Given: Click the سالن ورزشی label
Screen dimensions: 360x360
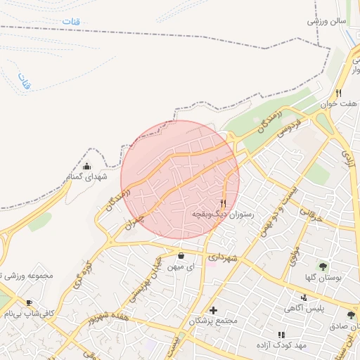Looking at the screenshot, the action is [x=327, y=21].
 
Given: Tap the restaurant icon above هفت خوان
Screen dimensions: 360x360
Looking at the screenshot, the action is [x=338, y=93].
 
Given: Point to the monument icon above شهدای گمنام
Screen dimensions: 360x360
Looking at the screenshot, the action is [x=86, y=167].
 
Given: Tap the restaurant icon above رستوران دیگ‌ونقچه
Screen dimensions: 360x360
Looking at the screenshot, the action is [x=224, y=202].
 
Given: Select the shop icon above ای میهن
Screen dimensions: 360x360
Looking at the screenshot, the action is [x=181, y=256].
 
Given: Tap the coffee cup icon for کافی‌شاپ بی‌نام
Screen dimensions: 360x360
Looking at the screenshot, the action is [x=30, y=303].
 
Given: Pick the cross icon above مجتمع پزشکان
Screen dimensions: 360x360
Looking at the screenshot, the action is [x=214, y=310].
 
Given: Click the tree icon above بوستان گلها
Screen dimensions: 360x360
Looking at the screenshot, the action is [x=323, y=266].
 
